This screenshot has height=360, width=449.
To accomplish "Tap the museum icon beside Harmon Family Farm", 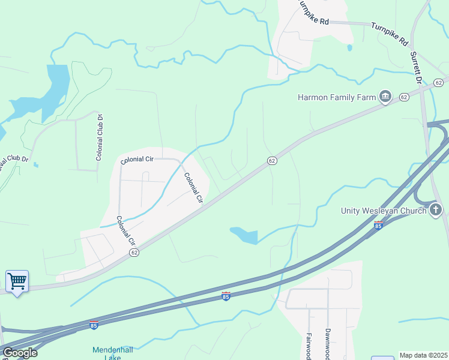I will click(x=385, y=96).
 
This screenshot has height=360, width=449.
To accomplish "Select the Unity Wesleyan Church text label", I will click(x=383, y=210).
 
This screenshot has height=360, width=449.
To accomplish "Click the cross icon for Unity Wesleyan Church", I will click(x=436, y=210).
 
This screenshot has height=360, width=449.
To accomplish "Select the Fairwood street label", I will click(x=309, y=346).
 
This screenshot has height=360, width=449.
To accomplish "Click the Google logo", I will click(x=20, y=353).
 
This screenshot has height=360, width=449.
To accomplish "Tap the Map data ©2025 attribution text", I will click(x=423, y=355).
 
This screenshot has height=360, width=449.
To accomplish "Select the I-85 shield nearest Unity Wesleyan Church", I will click(x=378, y=225).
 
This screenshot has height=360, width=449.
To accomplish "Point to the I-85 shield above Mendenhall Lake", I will click(x=93, y=325).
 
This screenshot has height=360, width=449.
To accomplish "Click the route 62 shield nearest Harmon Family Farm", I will click(x=403, y=97).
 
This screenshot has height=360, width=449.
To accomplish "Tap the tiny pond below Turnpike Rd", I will click(x=349, y=47).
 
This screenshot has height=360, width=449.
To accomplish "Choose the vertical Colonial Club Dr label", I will click(x=100, y=137).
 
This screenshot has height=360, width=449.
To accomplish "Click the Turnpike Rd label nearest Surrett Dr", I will click(x=390, y=34).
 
